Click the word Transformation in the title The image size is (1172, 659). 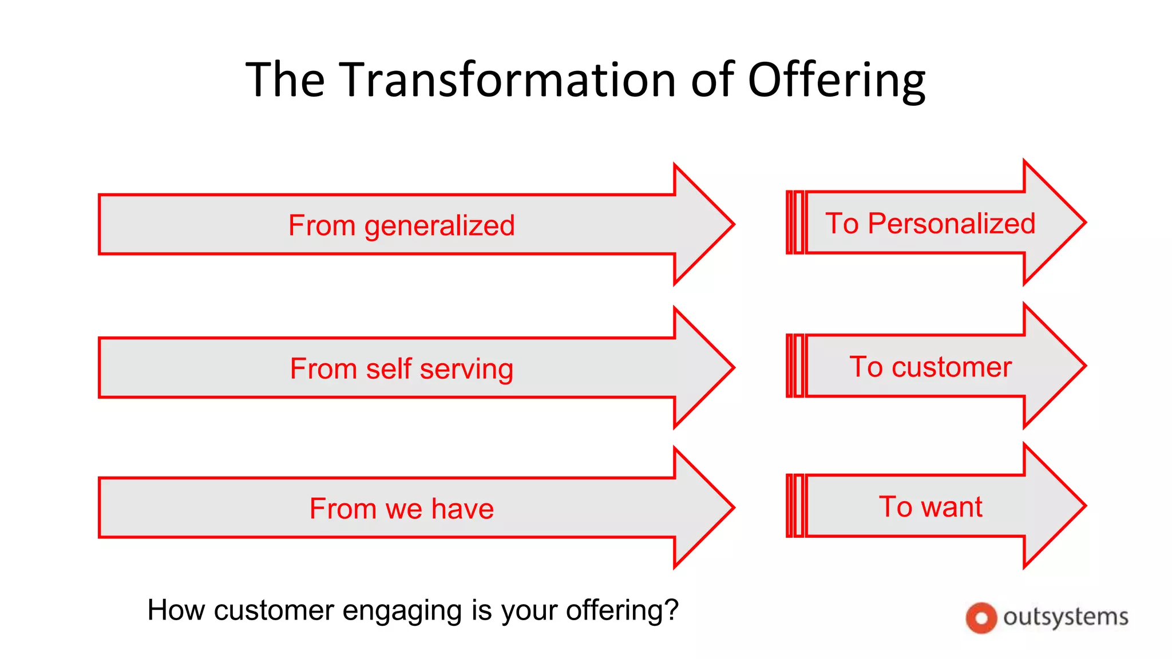509,80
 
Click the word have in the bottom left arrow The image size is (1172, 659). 462,509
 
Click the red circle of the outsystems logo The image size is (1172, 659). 981,618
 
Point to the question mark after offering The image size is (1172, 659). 671,610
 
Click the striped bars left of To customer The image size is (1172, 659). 795,366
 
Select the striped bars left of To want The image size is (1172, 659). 795,506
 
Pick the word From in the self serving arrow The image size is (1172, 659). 323,369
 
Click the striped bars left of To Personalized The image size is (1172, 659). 795,223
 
